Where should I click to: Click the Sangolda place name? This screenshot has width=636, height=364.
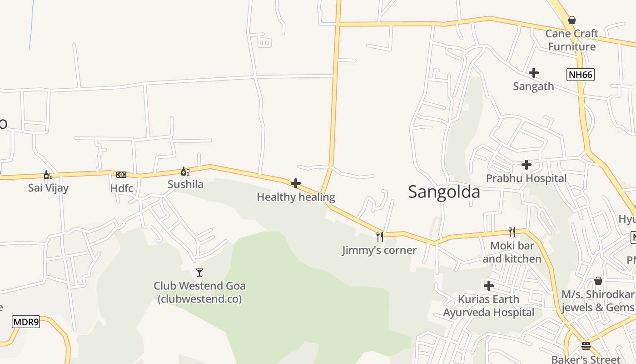click(x=444, y=192)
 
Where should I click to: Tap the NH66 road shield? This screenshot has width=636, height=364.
click(x=580, y=75)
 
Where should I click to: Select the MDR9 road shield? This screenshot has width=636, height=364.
click(x=26, y=322)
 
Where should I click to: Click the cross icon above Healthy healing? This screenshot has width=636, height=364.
click(x=296, y=183)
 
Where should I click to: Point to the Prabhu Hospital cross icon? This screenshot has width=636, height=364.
click(x=527, y=164)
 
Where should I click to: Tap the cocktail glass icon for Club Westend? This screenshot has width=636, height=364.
click(x=199, y=273)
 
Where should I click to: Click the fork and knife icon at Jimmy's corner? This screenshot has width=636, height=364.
click(x=379, y=236)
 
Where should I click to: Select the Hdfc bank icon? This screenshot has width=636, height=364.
click(x=121, y=175)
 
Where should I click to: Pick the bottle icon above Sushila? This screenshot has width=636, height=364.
click(x=185, y=171)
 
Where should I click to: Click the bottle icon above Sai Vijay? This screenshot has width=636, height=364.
click(x=48, y=175)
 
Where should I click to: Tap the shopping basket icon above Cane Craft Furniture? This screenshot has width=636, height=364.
click(x=572, y=20)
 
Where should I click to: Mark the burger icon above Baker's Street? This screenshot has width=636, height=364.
click(x=586, y=346)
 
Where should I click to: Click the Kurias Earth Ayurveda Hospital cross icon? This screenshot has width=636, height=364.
click(x=489, y=286)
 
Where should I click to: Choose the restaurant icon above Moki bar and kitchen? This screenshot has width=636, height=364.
click(x=512, y=232)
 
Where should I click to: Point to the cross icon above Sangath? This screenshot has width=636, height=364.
click(x=534, y=73)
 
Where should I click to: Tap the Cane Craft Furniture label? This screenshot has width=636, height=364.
click(x=571, y=40)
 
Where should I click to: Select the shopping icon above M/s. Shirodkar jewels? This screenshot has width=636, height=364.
click(x=598, y=281)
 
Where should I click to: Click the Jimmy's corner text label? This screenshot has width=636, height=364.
click(x=379, y=250)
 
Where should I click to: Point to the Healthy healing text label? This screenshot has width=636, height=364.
click(x=296, y=197)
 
